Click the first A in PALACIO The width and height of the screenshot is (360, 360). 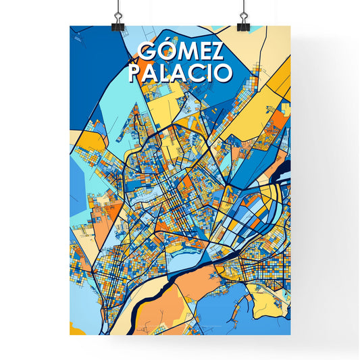151,72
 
